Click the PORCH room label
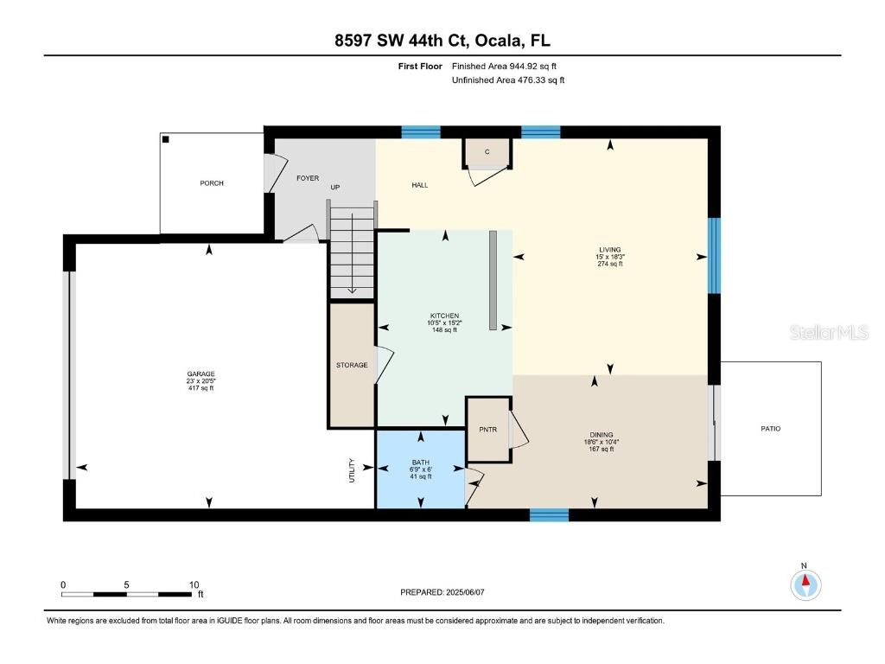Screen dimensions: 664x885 [212, 183]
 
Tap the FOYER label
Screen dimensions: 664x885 [308, 178]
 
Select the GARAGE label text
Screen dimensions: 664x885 [201, 374]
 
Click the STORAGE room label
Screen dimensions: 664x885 [352, 365]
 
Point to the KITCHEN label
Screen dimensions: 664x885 [444, 316]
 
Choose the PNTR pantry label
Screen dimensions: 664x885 [488, 430]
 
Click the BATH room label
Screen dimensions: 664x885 [420, 463]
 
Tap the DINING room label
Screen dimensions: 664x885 [601, 435]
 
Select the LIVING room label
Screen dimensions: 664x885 [610, 250]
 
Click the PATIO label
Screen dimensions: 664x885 [770, 429]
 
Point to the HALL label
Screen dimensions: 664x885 [419, 185]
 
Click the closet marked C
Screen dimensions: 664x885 [487, 152]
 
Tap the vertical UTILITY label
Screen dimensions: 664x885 [351, 469]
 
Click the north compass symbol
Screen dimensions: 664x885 [805, 584]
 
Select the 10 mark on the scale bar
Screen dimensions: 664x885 [194, 584]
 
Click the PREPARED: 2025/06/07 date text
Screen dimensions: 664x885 [449, 592]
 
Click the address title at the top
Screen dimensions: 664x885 [442, 41]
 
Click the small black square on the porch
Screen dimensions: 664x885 [166, 139]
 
